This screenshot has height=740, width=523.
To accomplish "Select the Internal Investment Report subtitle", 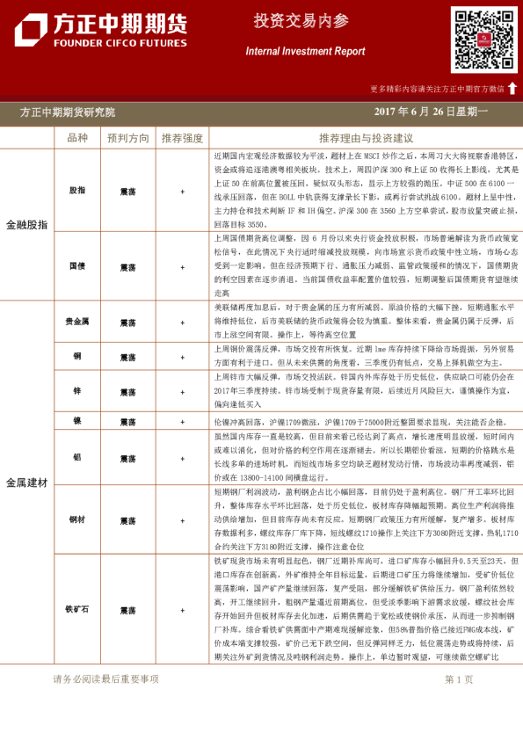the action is tap(305, 52).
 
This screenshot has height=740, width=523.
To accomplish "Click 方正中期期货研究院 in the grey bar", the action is tap(68, 112).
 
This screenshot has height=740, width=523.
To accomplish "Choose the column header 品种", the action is tap(77, 138).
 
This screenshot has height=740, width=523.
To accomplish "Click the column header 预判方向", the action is tap(128, 138).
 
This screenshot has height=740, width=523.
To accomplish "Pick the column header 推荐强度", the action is tap(182, 138).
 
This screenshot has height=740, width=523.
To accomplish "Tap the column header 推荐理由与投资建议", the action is tap(366, 138).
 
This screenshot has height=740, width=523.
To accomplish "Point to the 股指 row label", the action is tap(77, 190).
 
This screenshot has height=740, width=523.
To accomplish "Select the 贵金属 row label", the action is tap(77, 322).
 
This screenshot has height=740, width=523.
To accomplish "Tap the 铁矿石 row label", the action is tap(77, 609).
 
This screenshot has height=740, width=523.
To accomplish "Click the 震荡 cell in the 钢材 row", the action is tap(128, 520).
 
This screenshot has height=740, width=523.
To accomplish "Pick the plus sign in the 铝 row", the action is tap(182, 457).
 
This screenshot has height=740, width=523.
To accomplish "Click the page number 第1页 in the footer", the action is tap(460, 703).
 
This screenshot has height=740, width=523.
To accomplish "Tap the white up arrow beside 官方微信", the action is tap(512, 88).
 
